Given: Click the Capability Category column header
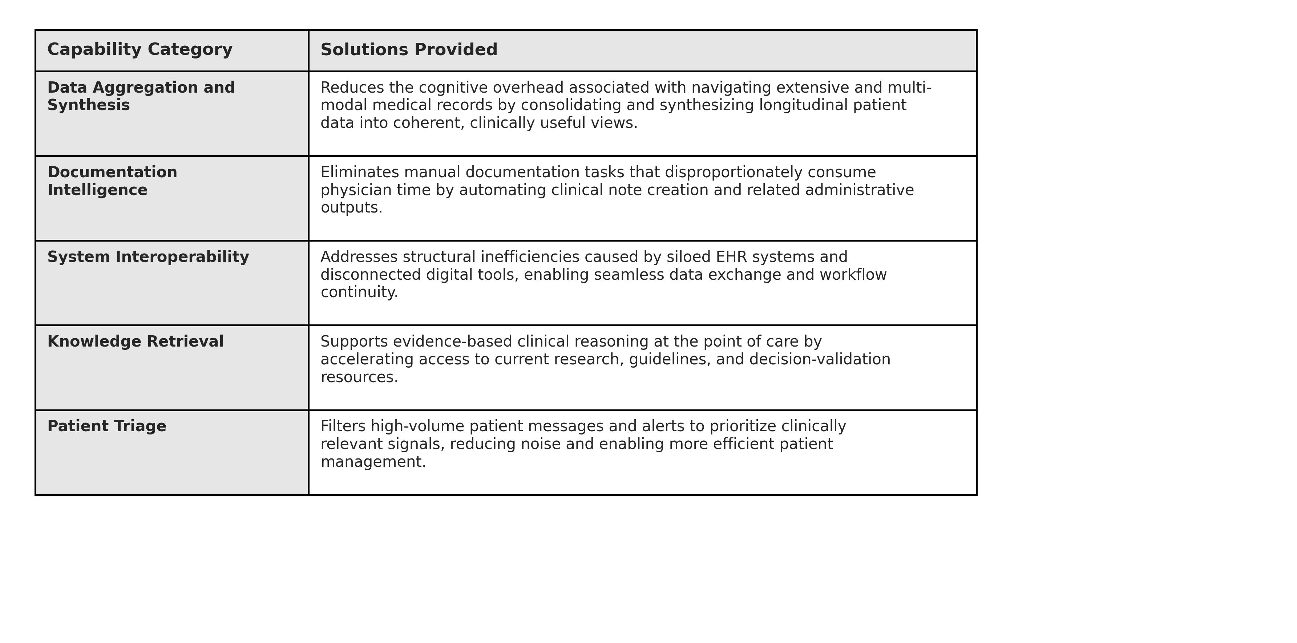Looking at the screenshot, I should [x=140, y=50].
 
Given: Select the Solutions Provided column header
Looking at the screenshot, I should [x=408, y=50].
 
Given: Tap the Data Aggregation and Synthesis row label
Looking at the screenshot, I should [x=141, y=96].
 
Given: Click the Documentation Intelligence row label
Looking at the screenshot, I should [x=112, y=181].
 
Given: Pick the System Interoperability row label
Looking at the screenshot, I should [x=148, y=257].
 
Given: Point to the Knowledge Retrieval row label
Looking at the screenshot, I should [x=135, y=341].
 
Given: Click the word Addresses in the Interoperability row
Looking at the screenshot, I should [x=359, y=257].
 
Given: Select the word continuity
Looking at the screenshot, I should [x=359, y=292].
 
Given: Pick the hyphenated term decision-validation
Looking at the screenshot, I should [x=819, y=360].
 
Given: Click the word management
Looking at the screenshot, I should [x=373, y=462].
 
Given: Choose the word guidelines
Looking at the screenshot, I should [x=669, y=360].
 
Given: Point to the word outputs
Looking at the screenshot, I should [x=351, y=207].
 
